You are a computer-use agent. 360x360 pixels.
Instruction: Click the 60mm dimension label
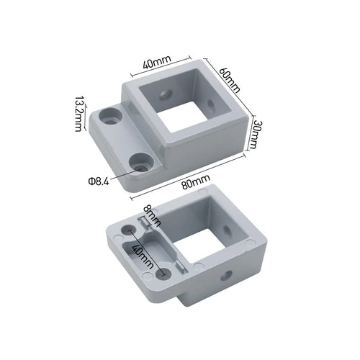(x=229, y=74)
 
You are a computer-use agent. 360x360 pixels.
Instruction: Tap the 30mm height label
(x=253, y=134)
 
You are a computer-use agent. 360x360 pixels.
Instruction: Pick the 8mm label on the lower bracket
(x=148, y=214)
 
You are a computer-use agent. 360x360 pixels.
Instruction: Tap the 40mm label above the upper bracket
(x=156, y=64)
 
